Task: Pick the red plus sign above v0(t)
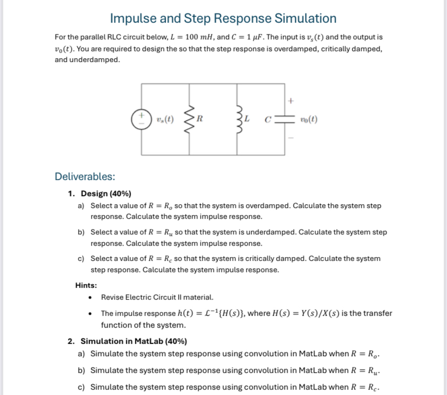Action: click(x=290, y=100)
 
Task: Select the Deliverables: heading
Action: click(x=85, y=177)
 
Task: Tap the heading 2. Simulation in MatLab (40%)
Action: click(x=127, y=341)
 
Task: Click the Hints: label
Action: click(x=86, y=285)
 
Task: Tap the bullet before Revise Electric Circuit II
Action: click(x=90, y=297)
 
